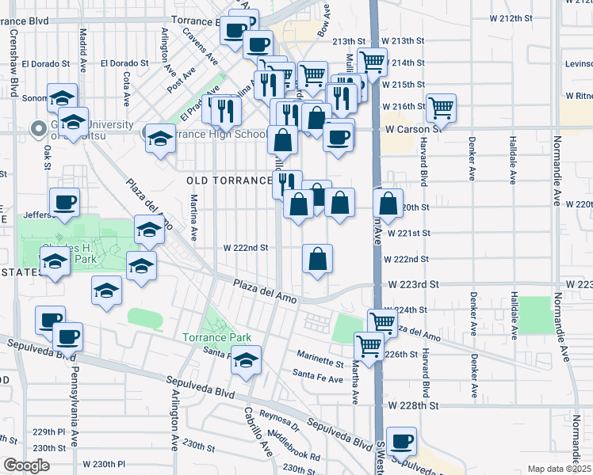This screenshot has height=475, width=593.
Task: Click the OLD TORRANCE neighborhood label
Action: pos(230,180)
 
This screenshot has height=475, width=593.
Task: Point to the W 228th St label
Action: pos(414,405)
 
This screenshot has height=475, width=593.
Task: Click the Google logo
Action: pos(26,465)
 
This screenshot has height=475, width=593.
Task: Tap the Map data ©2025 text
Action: pos(559,469)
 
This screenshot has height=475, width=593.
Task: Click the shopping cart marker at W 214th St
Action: pos(372,60)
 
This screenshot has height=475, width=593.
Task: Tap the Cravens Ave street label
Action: pos(199,46)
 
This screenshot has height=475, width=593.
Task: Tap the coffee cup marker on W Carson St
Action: pos(339,137)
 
